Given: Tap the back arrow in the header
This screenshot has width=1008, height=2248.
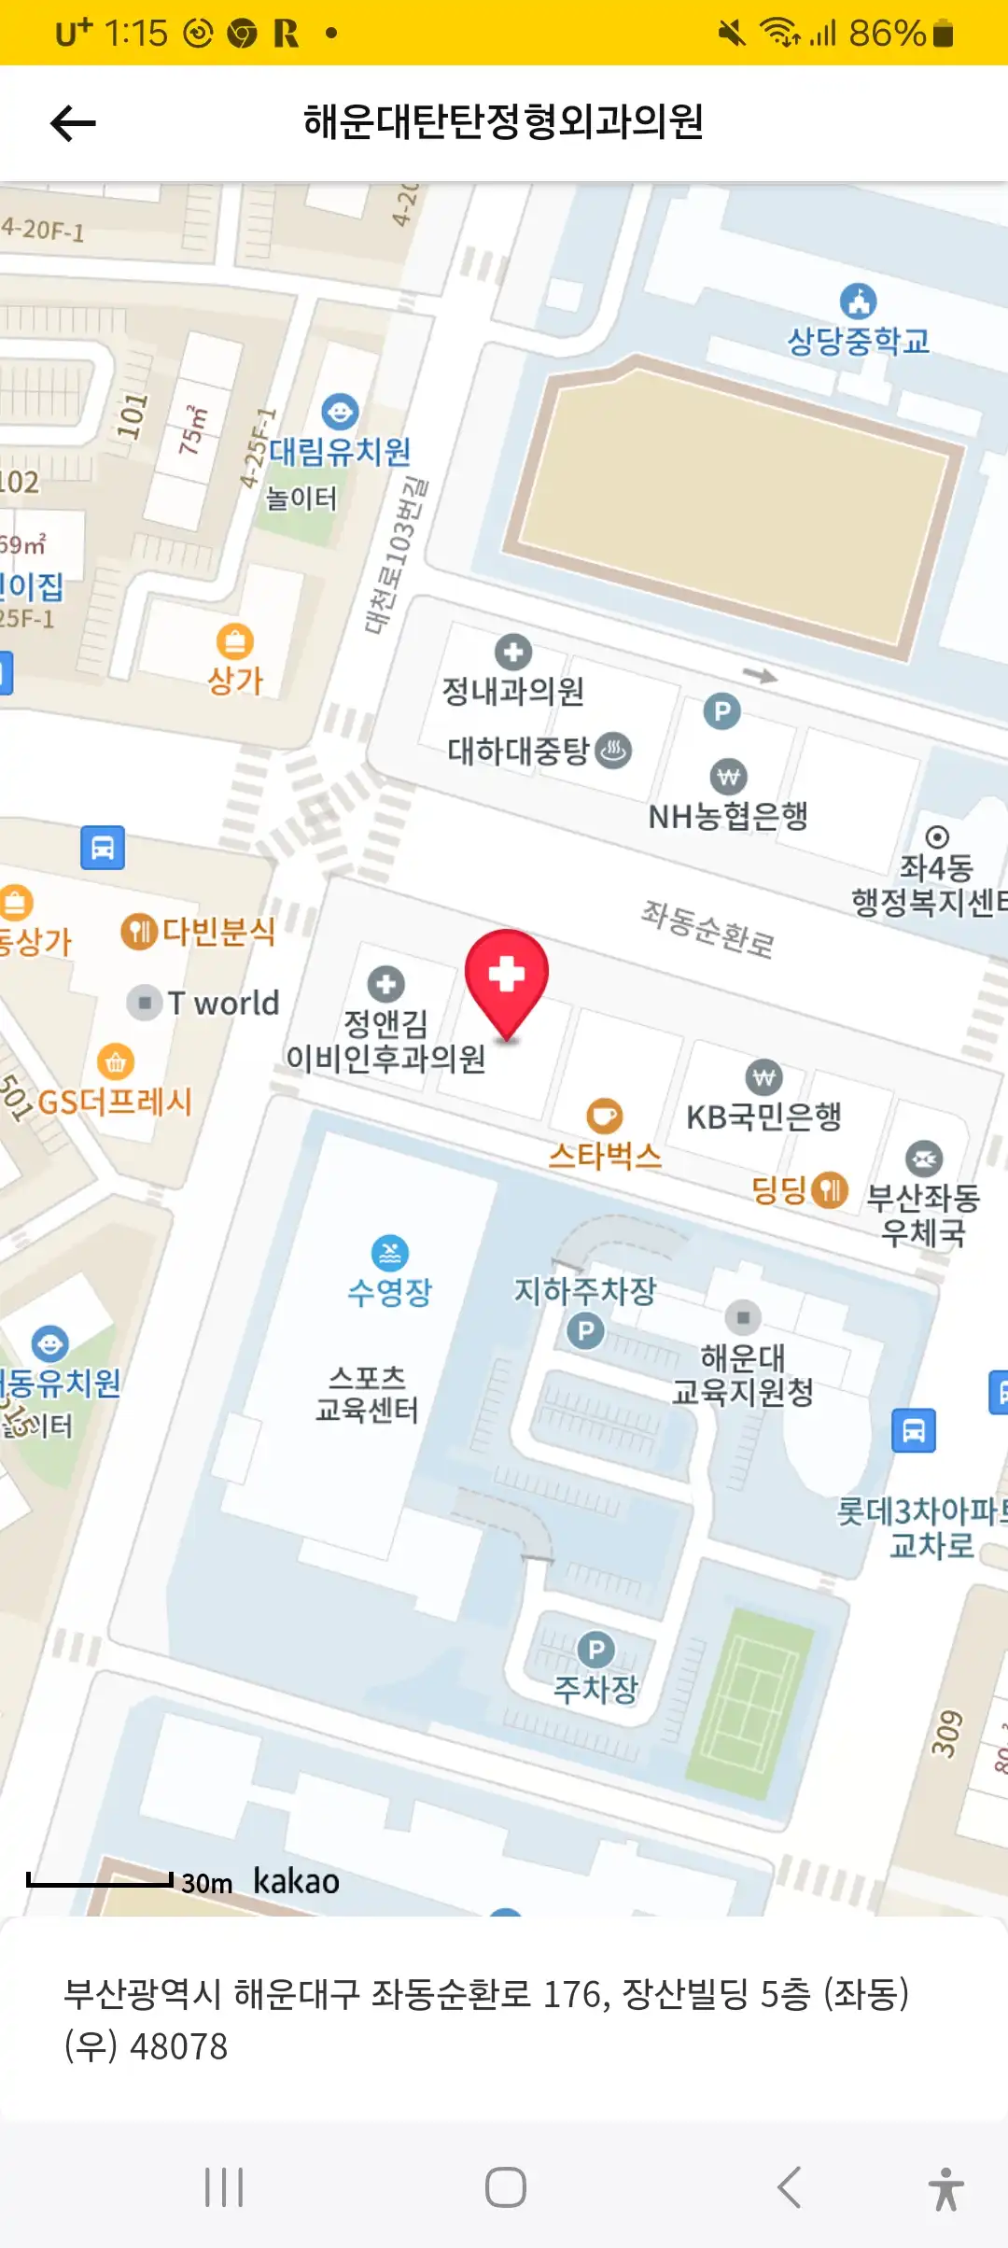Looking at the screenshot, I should [73, 123].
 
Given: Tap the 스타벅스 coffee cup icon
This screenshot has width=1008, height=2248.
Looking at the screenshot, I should [605, 1116].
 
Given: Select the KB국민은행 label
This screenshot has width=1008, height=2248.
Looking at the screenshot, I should [763, 1117].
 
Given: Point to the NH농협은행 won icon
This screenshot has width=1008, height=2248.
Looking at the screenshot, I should [728, 777].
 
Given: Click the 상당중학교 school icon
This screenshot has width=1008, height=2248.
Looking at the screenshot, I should [858, 302].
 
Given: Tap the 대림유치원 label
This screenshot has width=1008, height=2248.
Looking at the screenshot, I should [340, 452].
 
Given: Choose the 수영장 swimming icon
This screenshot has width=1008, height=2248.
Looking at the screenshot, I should [390, 1254].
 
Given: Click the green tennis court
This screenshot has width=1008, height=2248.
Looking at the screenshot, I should [749, 1694].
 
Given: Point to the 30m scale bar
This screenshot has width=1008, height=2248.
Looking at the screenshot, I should [100, 1879].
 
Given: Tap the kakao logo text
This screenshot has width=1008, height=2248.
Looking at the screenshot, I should [296, 1881].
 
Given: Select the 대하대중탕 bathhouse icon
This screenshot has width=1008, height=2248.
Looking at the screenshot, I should [613, 750].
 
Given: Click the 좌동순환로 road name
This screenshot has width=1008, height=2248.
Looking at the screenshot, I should [707, 929].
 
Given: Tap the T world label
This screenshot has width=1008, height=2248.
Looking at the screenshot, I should [223, 1003].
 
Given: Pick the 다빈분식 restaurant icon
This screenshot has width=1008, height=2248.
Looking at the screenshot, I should [138, 932].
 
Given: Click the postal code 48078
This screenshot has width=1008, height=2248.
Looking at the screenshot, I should [178, 2046].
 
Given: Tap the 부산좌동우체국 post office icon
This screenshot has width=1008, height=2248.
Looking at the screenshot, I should [923, 1159].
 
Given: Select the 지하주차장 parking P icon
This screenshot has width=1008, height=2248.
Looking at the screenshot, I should [586, 1330].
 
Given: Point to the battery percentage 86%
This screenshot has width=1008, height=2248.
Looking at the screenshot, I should [886, 34].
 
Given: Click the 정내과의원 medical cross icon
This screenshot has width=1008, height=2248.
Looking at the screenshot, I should [512, 652].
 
